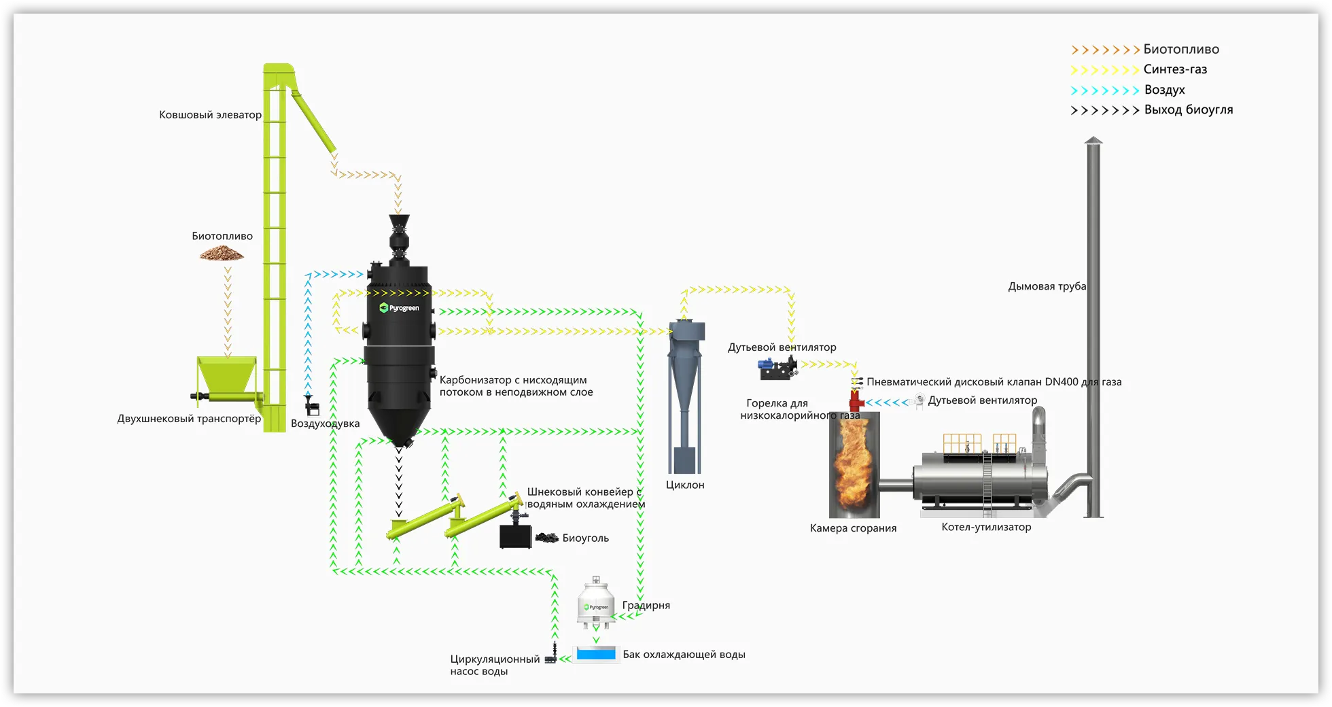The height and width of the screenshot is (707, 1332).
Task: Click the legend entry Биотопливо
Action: pyautogui.click(x=1180, y=50)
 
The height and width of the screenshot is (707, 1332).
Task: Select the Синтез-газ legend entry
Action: pyautogui.click(x=1175, y=69)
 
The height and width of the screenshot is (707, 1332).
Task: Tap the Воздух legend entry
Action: pyautogui.click(x=1164, y=90)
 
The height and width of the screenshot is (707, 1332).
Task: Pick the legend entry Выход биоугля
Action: pyautogui.click(x=1188, y=110)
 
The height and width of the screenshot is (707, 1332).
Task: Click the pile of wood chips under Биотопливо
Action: pyautogui.click(x=222, y=254)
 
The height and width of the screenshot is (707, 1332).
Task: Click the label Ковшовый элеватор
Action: pyautogui.click(x=210, y=115)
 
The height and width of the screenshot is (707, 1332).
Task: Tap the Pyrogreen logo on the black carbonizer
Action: pyautogui.click(x=399, y=308)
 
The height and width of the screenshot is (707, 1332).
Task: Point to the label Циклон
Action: pyautogui.click(x=685, y=485)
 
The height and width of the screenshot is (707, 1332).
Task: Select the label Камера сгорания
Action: pyautogui.click(x=853, y=528)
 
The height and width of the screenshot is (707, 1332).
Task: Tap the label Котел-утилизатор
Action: pyautogui.click(x=986, y=527)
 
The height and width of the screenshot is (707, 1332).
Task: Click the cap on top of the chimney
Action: pyautogui.click(x=1093, y=140)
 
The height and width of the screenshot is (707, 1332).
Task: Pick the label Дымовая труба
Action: pyautogui.click(x=1047, y=286)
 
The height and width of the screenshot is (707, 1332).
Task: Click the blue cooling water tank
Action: pyautogui.click(x=596, y=654)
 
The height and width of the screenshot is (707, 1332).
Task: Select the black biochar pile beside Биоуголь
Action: pyautogui.click(x=546, y=538)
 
